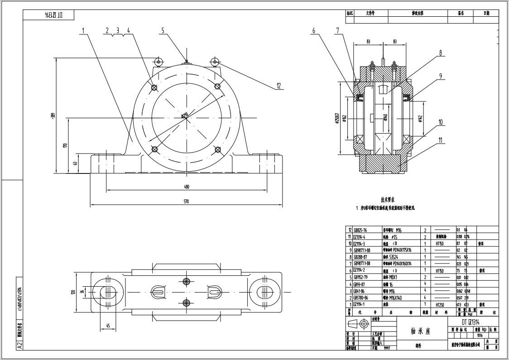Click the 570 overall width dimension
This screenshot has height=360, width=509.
tap(186, 202)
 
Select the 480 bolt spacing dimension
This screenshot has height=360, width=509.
tap(186, 187)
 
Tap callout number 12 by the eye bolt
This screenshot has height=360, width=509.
tap(279, 86)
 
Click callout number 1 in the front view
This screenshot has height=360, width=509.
tap(83, 31)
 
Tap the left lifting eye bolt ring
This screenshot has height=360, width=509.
tap(158, 62)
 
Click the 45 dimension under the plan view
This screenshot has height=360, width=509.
tap(108, 326)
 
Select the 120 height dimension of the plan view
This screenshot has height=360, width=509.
tap(73, 292)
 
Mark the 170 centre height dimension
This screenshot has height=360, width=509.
tap(65, 145)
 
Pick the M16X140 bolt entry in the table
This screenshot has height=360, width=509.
tap(399, 298)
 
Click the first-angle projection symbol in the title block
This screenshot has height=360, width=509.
tap(358, 323)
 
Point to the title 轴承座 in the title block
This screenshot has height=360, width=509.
tap(421, 331)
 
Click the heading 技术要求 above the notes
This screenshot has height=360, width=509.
tap(388, 199)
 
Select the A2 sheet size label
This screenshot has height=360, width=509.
tap(19, 345)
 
